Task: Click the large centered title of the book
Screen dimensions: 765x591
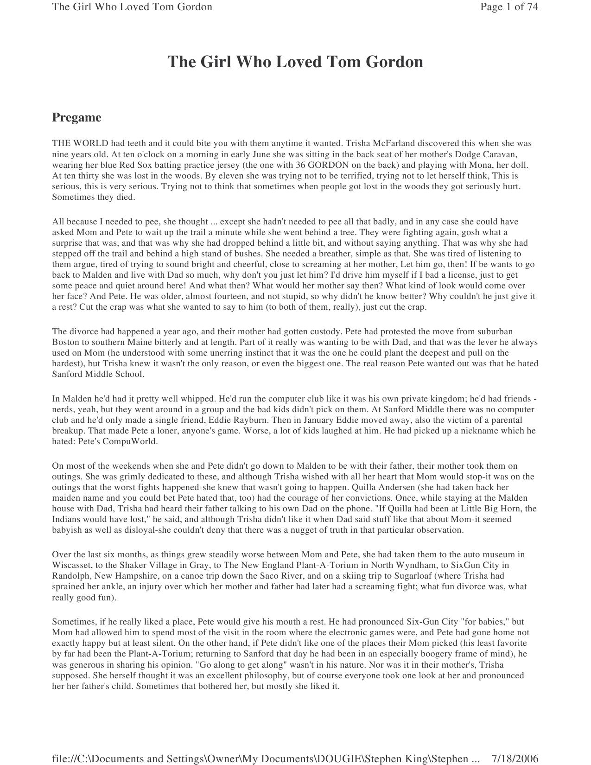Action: pyautogui.click(x=295, y=62)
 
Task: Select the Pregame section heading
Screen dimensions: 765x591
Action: pyautogui.click(x=76, y=117)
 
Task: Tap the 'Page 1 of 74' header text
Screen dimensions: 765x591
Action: pyautogui.click(x=509, y=7)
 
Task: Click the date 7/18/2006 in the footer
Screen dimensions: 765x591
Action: pyautogui.click(x=515, y=759)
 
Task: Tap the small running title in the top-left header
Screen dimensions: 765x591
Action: pyautogui.click(x=132, y=7)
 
